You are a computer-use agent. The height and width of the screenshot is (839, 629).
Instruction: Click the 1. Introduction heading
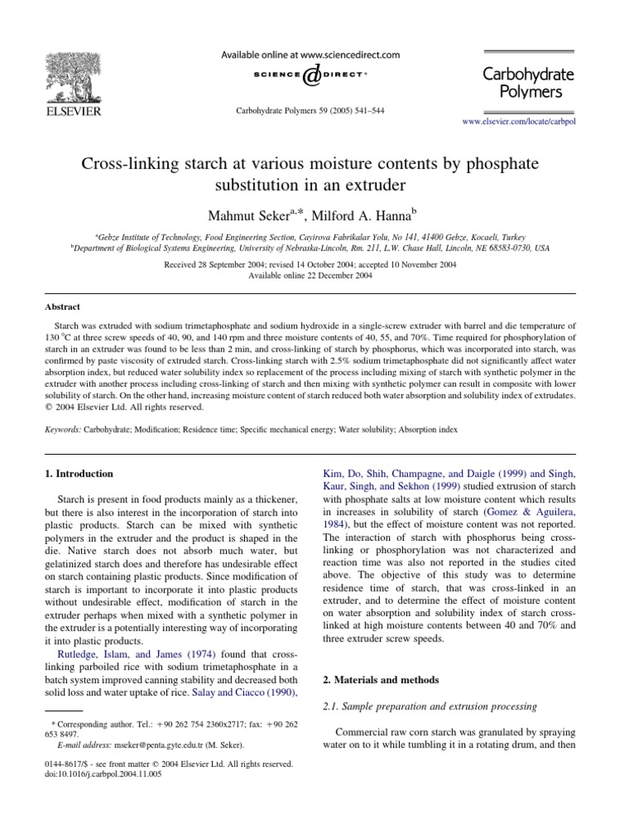tap(84, 474)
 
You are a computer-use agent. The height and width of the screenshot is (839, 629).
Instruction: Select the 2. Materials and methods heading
tap(373, 679)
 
